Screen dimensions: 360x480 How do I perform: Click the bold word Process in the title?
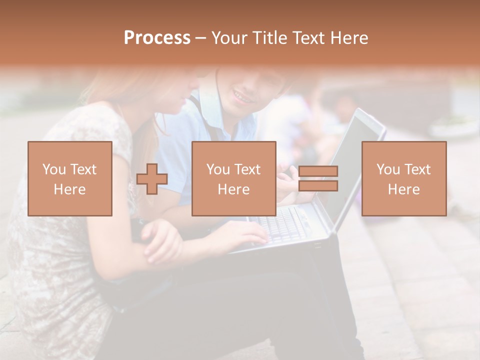[157, 38]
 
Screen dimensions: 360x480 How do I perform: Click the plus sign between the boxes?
[152, 179]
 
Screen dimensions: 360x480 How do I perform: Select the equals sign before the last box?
[318, 178]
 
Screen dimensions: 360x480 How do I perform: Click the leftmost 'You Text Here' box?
[70, 179]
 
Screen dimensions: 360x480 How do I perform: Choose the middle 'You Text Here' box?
[233, 179]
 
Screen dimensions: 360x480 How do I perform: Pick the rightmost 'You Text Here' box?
[403, 179]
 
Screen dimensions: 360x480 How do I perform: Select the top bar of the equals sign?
[318, 171]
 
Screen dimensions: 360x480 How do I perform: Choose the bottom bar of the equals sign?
[318, 185]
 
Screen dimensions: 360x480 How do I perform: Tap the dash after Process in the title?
[201, 38]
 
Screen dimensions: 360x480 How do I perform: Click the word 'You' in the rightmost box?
[388, 169]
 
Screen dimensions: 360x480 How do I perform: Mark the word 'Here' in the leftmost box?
[70, 189]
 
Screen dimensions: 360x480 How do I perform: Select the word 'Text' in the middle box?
[247, 169]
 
